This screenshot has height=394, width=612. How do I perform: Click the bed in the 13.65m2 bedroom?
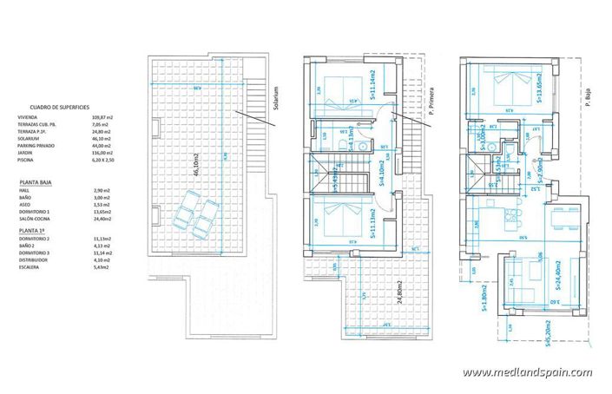[507, 87]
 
